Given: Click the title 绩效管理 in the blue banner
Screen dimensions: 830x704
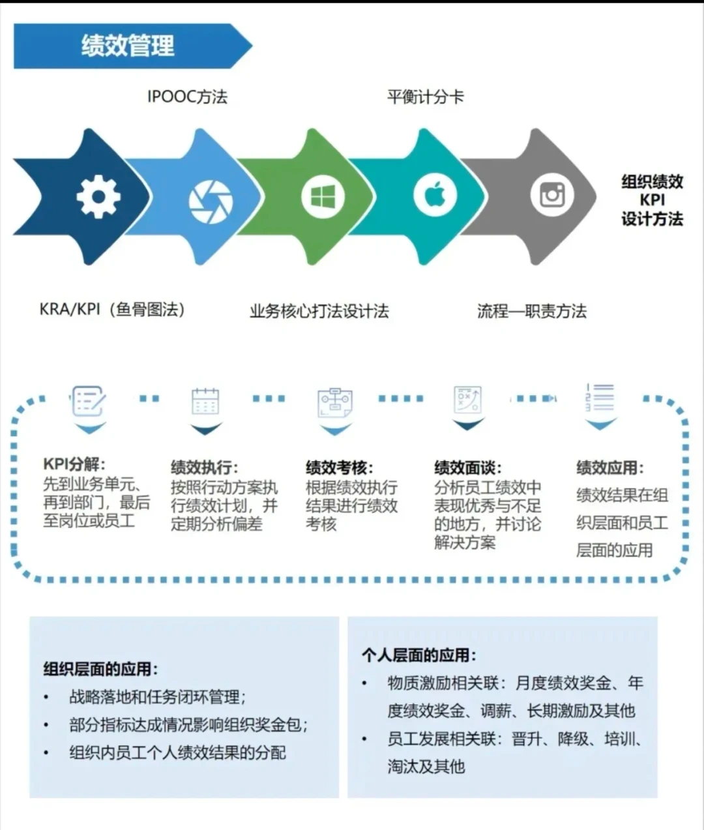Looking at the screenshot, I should [128, 46].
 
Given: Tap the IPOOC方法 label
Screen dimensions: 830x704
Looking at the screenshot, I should [187, 97].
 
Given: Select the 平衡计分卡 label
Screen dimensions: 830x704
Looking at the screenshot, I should [425, 97].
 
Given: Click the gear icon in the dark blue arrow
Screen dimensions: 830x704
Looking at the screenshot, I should [98, 196].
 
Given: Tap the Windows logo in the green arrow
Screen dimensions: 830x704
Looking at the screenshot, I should [323, 196].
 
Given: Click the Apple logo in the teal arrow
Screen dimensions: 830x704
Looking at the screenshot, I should [435, 195].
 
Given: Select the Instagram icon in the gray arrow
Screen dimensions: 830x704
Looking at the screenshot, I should [551, 195].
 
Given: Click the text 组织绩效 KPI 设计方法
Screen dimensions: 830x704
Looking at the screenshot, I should [652, 200].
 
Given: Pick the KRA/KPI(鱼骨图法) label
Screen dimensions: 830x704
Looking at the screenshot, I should [112, 309].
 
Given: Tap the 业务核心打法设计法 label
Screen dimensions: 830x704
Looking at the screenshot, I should [319, 311].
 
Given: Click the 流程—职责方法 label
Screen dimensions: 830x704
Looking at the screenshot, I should [531, 311].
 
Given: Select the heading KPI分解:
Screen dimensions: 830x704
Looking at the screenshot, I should [74, 464].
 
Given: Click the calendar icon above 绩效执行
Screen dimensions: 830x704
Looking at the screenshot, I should [205, 402].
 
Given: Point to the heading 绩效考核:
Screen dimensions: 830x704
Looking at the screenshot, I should [339, 467].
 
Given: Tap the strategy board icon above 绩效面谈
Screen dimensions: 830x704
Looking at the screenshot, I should [467, 400].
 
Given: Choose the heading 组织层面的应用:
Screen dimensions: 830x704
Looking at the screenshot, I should [100, 669].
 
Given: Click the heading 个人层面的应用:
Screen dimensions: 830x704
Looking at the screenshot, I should [418, 655].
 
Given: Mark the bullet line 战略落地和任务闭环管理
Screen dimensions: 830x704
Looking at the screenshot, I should [157, 697].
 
